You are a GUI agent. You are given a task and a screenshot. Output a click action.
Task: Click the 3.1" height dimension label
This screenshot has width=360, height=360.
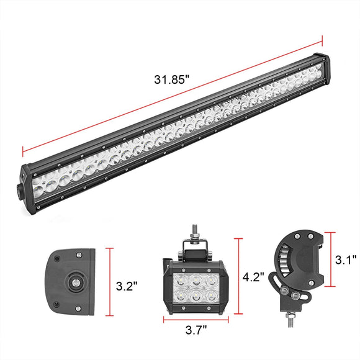point(346,260)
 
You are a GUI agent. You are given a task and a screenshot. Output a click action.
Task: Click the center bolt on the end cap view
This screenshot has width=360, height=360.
point(75,283)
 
